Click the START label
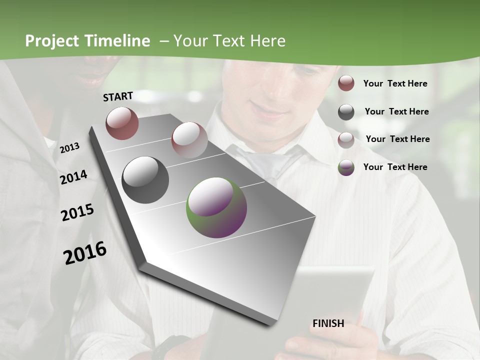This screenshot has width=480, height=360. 118,96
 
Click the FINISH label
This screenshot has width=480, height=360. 328,323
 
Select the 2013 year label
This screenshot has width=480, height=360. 69,147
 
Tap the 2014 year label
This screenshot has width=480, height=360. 73,177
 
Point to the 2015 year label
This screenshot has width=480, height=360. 77,213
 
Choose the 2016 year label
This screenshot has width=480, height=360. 85,253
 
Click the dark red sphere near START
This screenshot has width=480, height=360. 122,123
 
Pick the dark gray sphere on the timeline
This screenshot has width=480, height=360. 145,179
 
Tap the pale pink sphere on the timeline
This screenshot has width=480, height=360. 189,140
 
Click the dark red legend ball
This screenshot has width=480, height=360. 346,83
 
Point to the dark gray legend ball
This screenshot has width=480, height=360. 346,112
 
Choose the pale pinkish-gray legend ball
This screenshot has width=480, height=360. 346,140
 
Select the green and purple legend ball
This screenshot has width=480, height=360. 346,167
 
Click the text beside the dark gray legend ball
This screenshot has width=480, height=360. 396,111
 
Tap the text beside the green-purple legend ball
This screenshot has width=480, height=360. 395,167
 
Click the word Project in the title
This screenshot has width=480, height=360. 52,41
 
